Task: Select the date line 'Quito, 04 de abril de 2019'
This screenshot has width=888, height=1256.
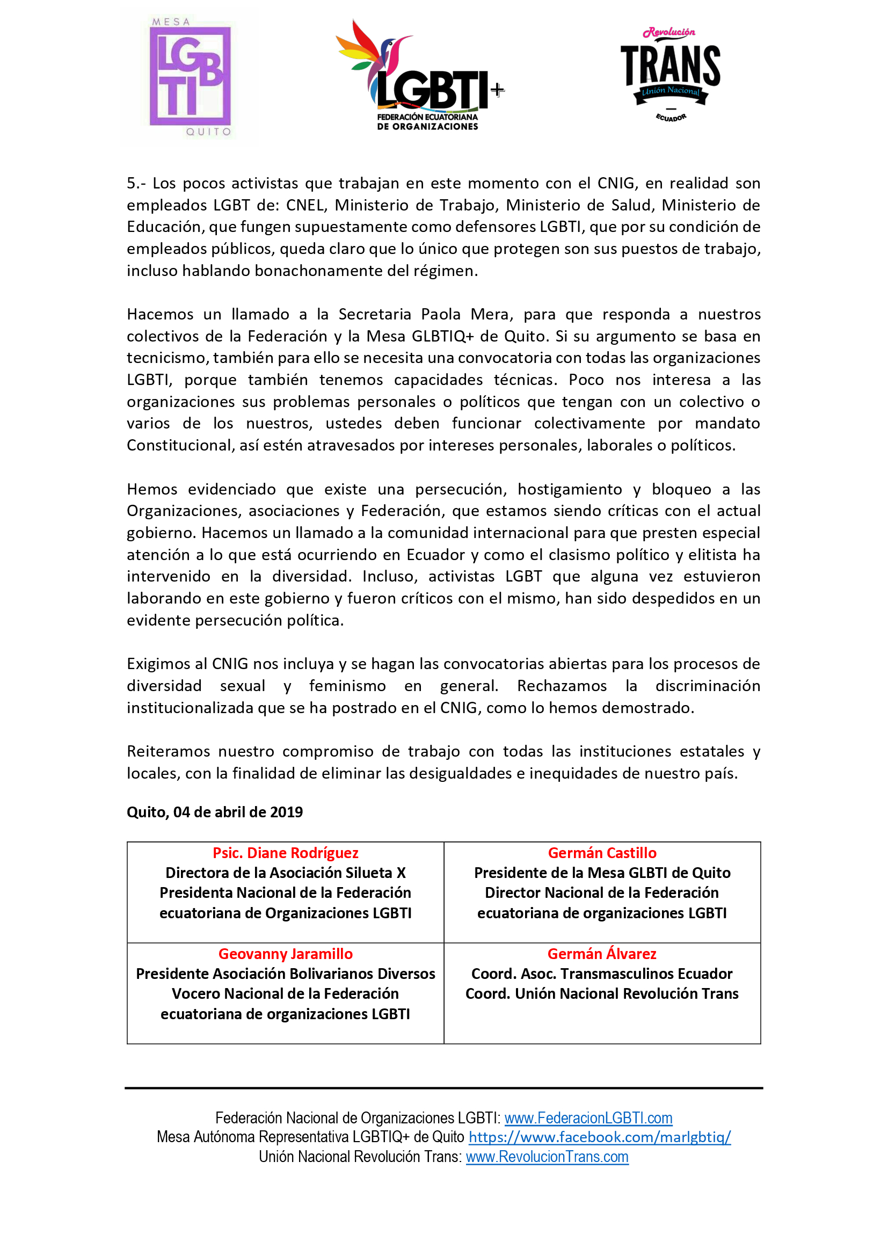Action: [x=214, y=812]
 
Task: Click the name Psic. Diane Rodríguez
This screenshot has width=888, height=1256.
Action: [x=286, y=853]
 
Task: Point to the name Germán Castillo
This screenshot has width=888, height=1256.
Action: [x=602, y=853]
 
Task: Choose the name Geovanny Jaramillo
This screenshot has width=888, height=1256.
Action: [x=286, y=954]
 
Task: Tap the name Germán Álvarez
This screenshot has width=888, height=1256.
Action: [x=602, y=954]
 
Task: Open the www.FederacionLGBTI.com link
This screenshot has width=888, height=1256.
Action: [x=588, y=1117]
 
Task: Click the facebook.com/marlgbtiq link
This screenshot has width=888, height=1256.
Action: [x=599, y=1137]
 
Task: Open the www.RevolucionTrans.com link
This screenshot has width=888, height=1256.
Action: [x=547, y=1157]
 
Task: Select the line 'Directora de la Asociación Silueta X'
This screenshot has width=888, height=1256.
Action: [x=286, y=873]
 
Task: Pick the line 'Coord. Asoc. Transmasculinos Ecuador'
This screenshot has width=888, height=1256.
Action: [x=602, y=974]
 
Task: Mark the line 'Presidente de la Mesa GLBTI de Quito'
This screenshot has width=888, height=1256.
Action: [x=602, y=873]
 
